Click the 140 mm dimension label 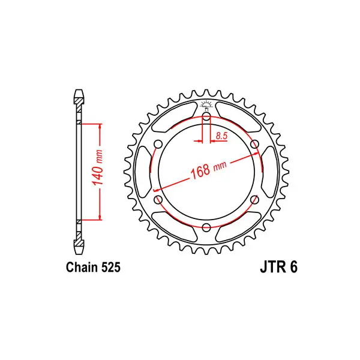click(x=97, y=167)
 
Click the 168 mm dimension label click(x=208, y=169)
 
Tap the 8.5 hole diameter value click(x=221, y=136)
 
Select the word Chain click(x=82, y=267)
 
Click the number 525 click(x=110, y=267)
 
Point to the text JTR click(x=273, y=267)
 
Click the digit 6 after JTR click(x=293, y=267)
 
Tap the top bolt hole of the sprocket click(x=206, y=116)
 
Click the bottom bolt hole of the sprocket click(x=206, y=227)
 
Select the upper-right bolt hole click(x=254, y=145)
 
